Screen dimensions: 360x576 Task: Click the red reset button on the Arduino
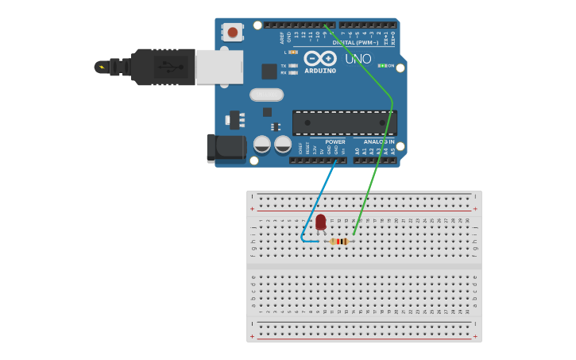[x=232, y=32]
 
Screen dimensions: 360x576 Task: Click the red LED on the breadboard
[x=321, y=223]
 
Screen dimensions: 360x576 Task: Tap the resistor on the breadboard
[x=340, y=242]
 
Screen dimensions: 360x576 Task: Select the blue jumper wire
[x=318, y=199]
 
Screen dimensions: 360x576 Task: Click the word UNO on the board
[x=358, y=59]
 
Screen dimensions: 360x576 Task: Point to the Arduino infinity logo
[x=320, y=59]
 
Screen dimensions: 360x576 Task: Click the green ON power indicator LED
[x=381, y=65]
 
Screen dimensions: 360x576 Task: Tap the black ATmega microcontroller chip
[x=344, y=122]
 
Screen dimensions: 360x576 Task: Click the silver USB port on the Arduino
[x=220, y=67]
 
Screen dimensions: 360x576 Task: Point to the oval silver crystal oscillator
[x=266, y=95]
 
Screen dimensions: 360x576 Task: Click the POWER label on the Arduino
[x=334, y=141]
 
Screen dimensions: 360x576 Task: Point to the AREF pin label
[x=282, y=37]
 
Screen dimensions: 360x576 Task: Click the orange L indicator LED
[x=293, y=52]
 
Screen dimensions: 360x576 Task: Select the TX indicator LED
[x=293, y=65]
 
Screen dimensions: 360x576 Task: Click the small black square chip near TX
[x=269, y=71]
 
